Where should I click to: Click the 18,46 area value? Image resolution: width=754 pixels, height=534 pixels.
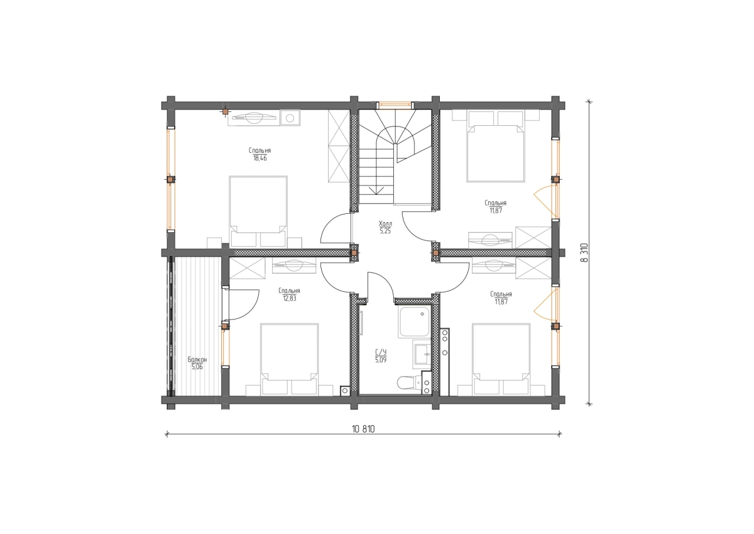(x=260, y=159)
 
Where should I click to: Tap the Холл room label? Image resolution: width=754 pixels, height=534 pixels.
(x=385, y=224)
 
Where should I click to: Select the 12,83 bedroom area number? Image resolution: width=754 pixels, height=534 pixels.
(x=290, y=299)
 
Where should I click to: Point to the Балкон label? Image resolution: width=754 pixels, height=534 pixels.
(x=197, y=360)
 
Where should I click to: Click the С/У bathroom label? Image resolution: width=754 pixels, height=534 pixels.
(x=381, y=352)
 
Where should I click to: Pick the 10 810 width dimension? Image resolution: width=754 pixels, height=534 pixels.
(x=363, y=429)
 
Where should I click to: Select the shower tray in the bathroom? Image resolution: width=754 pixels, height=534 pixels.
(x=414, y=322)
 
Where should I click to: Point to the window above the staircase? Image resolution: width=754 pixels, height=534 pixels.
(x=395, y=105)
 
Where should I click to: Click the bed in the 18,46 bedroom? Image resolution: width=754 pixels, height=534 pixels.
(x=258, y=211)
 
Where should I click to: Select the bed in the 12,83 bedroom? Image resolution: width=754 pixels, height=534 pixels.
(x=290, y=359)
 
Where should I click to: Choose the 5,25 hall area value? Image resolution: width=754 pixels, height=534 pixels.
(x=385, y=231)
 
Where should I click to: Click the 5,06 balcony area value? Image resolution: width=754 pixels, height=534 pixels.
(x=197, y=367)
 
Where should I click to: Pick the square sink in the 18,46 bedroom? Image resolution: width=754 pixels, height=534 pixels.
(x=290, y=118)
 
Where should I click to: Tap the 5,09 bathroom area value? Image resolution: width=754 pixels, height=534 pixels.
(x=381, y=360)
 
